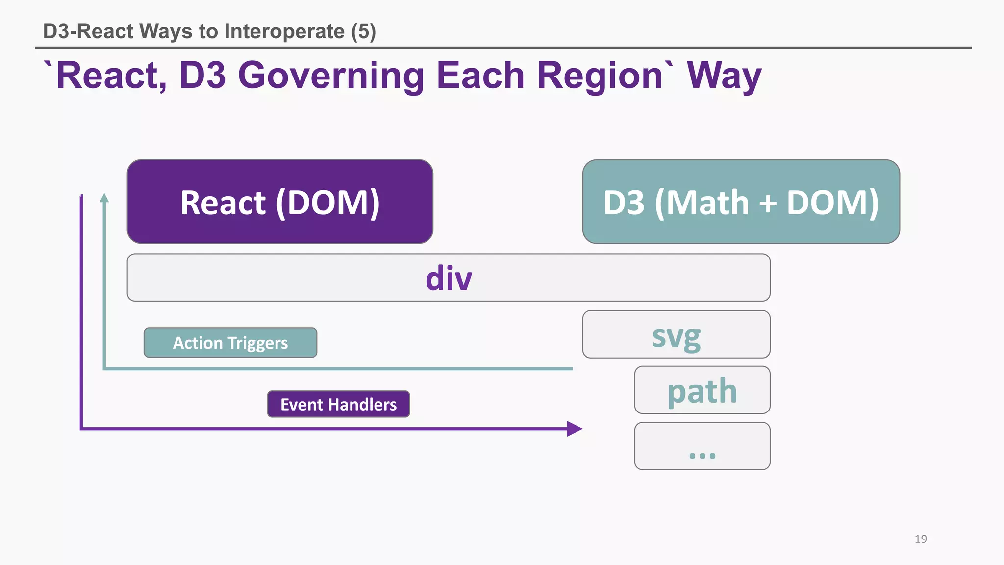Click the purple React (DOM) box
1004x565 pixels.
click(280, 202)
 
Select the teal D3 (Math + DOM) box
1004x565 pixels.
click(741, 202)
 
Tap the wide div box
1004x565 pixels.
click(448, 278)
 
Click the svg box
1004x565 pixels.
click(676, 334)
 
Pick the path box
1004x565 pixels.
click(702, 390)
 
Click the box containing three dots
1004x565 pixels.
click(702, 446)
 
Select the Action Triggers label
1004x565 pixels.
click(230, 342)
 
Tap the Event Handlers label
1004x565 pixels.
click(338, 404)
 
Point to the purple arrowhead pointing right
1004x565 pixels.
click(574, 429)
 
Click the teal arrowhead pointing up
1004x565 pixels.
click(104, 198)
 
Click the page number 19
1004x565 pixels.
click(921, 539)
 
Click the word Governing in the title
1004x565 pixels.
click(332, 76)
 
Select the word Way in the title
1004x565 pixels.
click(724, 76)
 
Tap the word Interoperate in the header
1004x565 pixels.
click(284, 31)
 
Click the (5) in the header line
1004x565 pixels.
click(363, 31)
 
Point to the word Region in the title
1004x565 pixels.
click(599, 76)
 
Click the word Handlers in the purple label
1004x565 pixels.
click(363, 405)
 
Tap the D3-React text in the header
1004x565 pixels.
click(88, 31)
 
